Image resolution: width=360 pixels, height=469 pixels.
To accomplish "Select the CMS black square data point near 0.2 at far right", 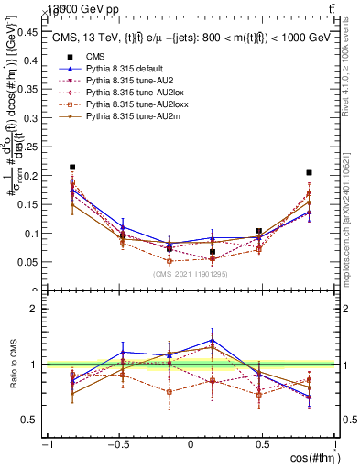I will [x=310, y=172].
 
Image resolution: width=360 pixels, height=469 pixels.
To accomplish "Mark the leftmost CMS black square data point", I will [x=72, y=168].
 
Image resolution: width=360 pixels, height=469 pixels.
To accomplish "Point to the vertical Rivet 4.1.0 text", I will [x=351, y=69].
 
